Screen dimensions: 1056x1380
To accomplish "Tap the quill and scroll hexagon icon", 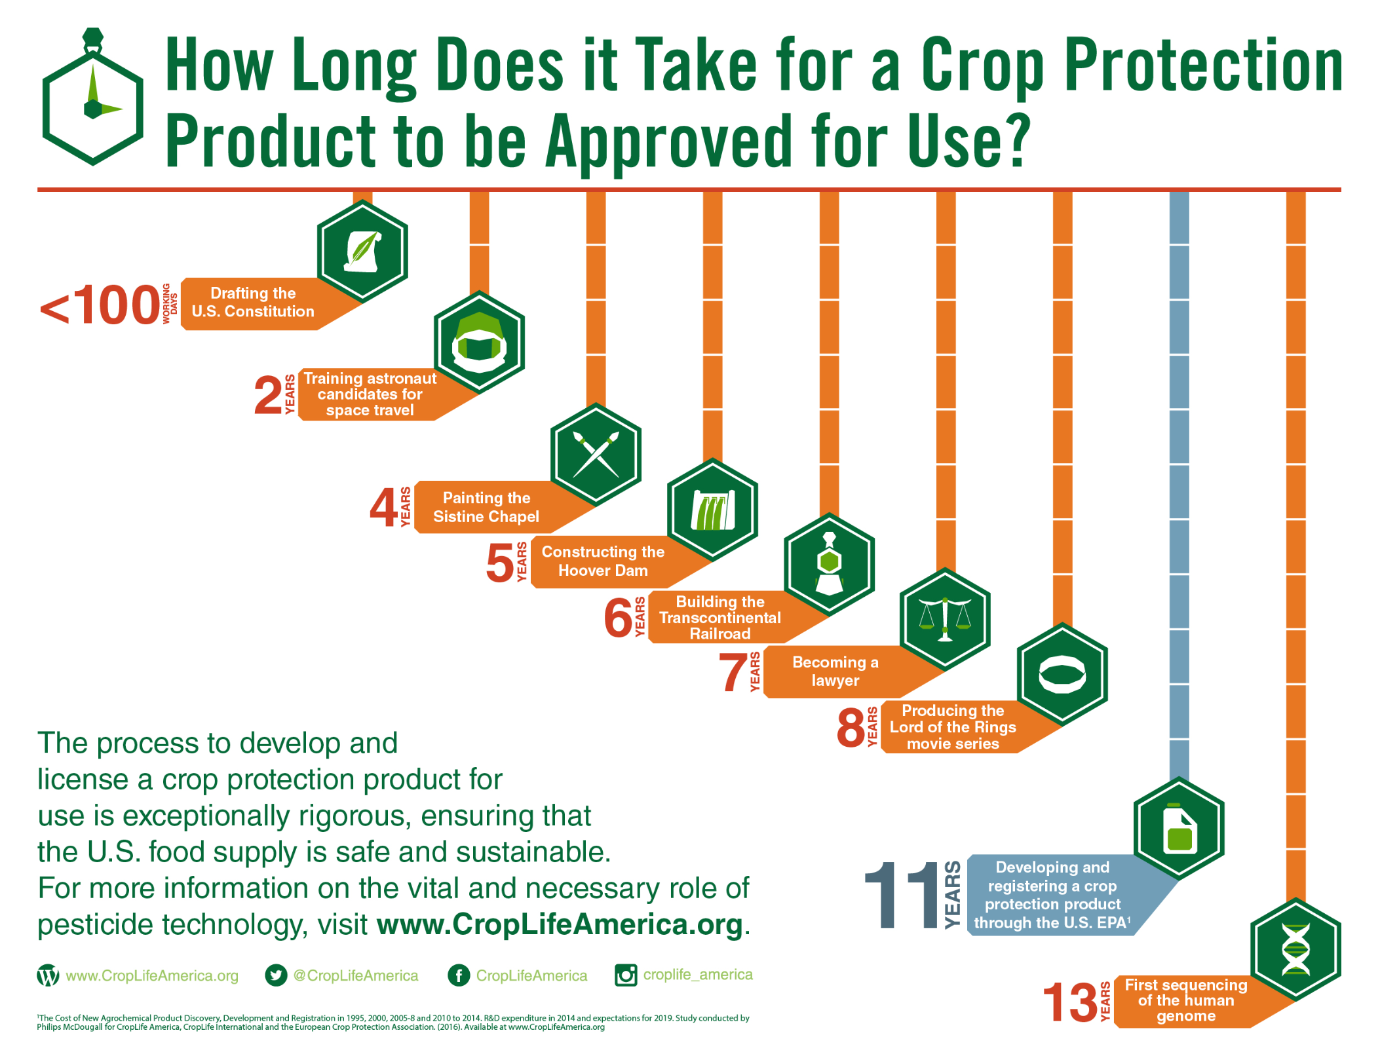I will pyautogui.click(x=362, y=251).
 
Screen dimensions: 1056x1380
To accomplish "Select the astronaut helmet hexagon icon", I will pyautogui.click(x=479, y=342).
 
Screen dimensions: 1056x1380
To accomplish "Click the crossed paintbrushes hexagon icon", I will pyautogui.click(x=596, y=454).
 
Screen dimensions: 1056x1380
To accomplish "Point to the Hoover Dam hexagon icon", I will pyautogui.click(x=712, y=509).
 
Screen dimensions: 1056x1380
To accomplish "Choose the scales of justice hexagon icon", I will pyautogui.click(x=944, y=619).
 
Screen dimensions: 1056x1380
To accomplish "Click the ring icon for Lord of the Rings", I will pyautogui.click(x=1062, y=674).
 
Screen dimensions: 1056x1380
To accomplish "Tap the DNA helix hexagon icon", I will pyautogui.click(x=1295, y=949).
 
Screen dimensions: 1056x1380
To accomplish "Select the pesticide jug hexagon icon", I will pyautogui.click(x=1179, y=828).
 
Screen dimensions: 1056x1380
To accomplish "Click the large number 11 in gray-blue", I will pyautogui.click(x=902, y=895).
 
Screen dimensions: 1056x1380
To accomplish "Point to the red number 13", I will pyautogui.click(x=1070, y=1002).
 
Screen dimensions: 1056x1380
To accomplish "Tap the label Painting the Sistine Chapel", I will pyautogui.click(x=486, y=507).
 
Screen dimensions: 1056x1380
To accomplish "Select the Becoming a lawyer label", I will pyautogui.click(x=835, y=671).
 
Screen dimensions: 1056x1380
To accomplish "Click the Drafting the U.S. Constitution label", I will pyautogui.click(x=253, y=302).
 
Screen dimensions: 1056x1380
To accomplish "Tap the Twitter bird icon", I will pyautogui.click(x=276, y=975).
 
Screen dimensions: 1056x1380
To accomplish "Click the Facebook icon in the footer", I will pyautogui.click(x=459, y=975).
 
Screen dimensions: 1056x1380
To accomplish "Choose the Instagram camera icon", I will pyautogui.click(x=626, y=975).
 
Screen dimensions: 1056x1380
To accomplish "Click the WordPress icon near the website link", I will pyautogui.click(x=48, y=975).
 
